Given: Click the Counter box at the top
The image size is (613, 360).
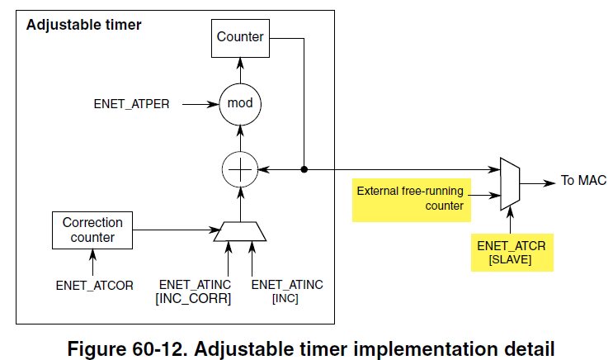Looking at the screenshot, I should (240, 37).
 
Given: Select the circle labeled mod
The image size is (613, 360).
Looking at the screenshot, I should (240, 104).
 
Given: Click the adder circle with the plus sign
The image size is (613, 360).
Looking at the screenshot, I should (240, 170).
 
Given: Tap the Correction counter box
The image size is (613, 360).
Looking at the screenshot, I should (92, 230).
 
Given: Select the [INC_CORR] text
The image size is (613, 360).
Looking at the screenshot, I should (193, 298).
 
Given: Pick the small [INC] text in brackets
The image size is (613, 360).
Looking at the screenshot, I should (286, 298).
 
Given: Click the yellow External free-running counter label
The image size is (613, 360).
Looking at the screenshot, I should (410, 198).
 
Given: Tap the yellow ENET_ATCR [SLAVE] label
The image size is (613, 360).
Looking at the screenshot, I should (512, 253).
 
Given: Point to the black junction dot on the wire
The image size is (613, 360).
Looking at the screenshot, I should (304, 170).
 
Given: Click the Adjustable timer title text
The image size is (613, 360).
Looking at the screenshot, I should (84, 24).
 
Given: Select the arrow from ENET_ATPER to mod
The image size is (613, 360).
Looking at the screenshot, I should (198, 105).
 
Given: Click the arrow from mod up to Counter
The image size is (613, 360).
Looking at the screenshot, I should (240, 70).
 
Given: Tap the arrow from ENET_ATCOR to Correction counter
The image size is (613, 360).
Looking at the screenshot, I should (92, 264).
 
